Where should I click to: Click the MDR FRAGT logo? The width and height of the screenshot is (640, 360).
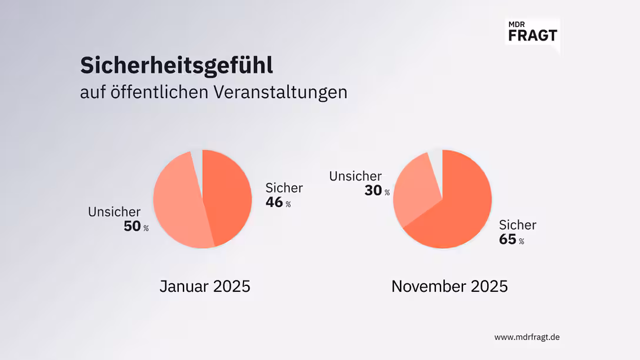tap(531, 31)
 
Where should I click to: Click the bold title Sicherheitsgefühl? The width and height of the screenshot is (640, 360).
tap(176, 66)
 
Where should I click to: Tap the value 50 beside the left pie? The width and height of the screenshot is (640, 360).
tap(132, 226)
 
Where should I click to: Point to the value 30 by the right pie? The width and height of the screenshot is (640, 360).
tap(373, 191)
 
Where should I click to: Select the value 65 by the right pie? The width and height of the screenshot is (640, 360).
tap(507, 239)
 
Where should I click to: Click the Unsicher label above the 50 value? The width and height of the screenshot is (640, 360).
tap(114, 212)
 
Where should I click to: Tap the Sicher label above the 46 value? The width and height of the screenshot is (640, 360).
tap(284, 188)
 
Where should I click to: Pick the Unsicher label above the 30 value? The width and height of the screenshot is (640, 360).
tap(355, 176)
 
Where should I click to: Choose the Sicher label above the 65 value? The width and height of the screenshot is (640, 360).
tap(518, 225)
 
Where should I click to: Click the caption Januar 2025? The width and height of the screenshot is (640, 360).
tap(205, 286)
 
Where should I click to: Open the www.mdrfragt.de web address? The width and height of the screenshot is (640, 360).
tap(526, 337)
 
